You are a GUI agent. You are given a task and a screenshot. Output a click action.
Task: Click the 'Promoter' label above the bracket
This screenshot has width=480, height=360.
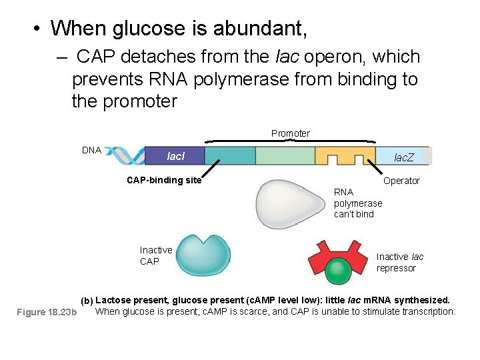tap(290, 133)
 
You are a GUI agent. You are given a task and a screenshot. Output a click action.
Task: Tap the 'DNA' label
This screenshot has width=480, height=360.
tap(91, 150)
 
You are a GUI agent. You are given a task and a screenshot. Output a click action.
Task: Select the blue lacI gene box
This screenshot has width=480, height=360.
tap(175, 156)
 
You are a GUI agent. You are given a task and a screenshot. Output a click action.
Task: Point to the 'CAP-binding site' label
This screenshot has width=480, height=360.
tap(164, 180)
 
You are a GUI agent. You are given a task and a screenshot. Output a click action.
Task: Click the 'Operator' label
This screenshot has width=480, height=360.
tap(401, 181)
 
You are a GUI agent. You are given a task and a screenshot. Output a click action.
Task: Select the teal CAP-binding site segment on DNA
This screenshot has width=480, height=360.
tap(230, 156)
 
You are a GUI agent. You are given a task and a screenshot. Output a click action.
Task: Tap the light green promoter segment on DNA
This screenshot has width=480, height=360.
tap(285, 156)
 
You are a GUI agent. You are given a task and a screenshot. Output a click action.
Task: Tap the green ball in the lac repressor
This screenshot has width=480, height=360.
tap(337, 272)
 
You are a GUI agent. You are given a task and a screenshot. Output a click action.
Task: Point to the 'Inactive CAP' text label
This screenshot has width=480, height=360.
tap(155, 255)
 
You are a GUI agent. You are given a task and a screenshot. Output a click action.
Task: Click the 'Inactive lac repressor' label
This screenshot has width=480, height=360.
tap(399, 262)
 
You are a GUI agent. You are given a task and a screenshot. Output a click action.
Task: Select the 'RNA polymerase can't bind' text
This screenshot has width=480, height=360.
tap(358, 203)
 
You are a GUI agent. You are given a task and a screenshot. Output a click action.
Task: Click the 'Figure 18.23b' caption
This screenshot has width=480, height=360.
tap(47, 312)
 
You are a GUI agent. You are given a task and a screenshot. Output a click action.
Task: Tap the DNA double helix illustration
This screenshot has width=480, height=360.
tap(123, 155)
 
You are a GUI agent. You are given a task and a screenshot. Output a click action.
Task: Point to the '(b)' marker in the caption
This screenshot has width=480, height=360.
tap(87, 301)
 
